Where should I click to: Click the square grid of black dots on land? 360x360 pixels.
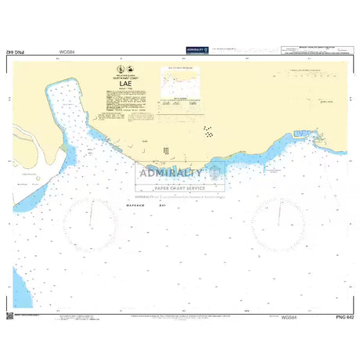tap(166, 149)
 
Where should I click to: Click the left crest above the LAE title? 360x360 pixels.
tap(117, 70)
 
